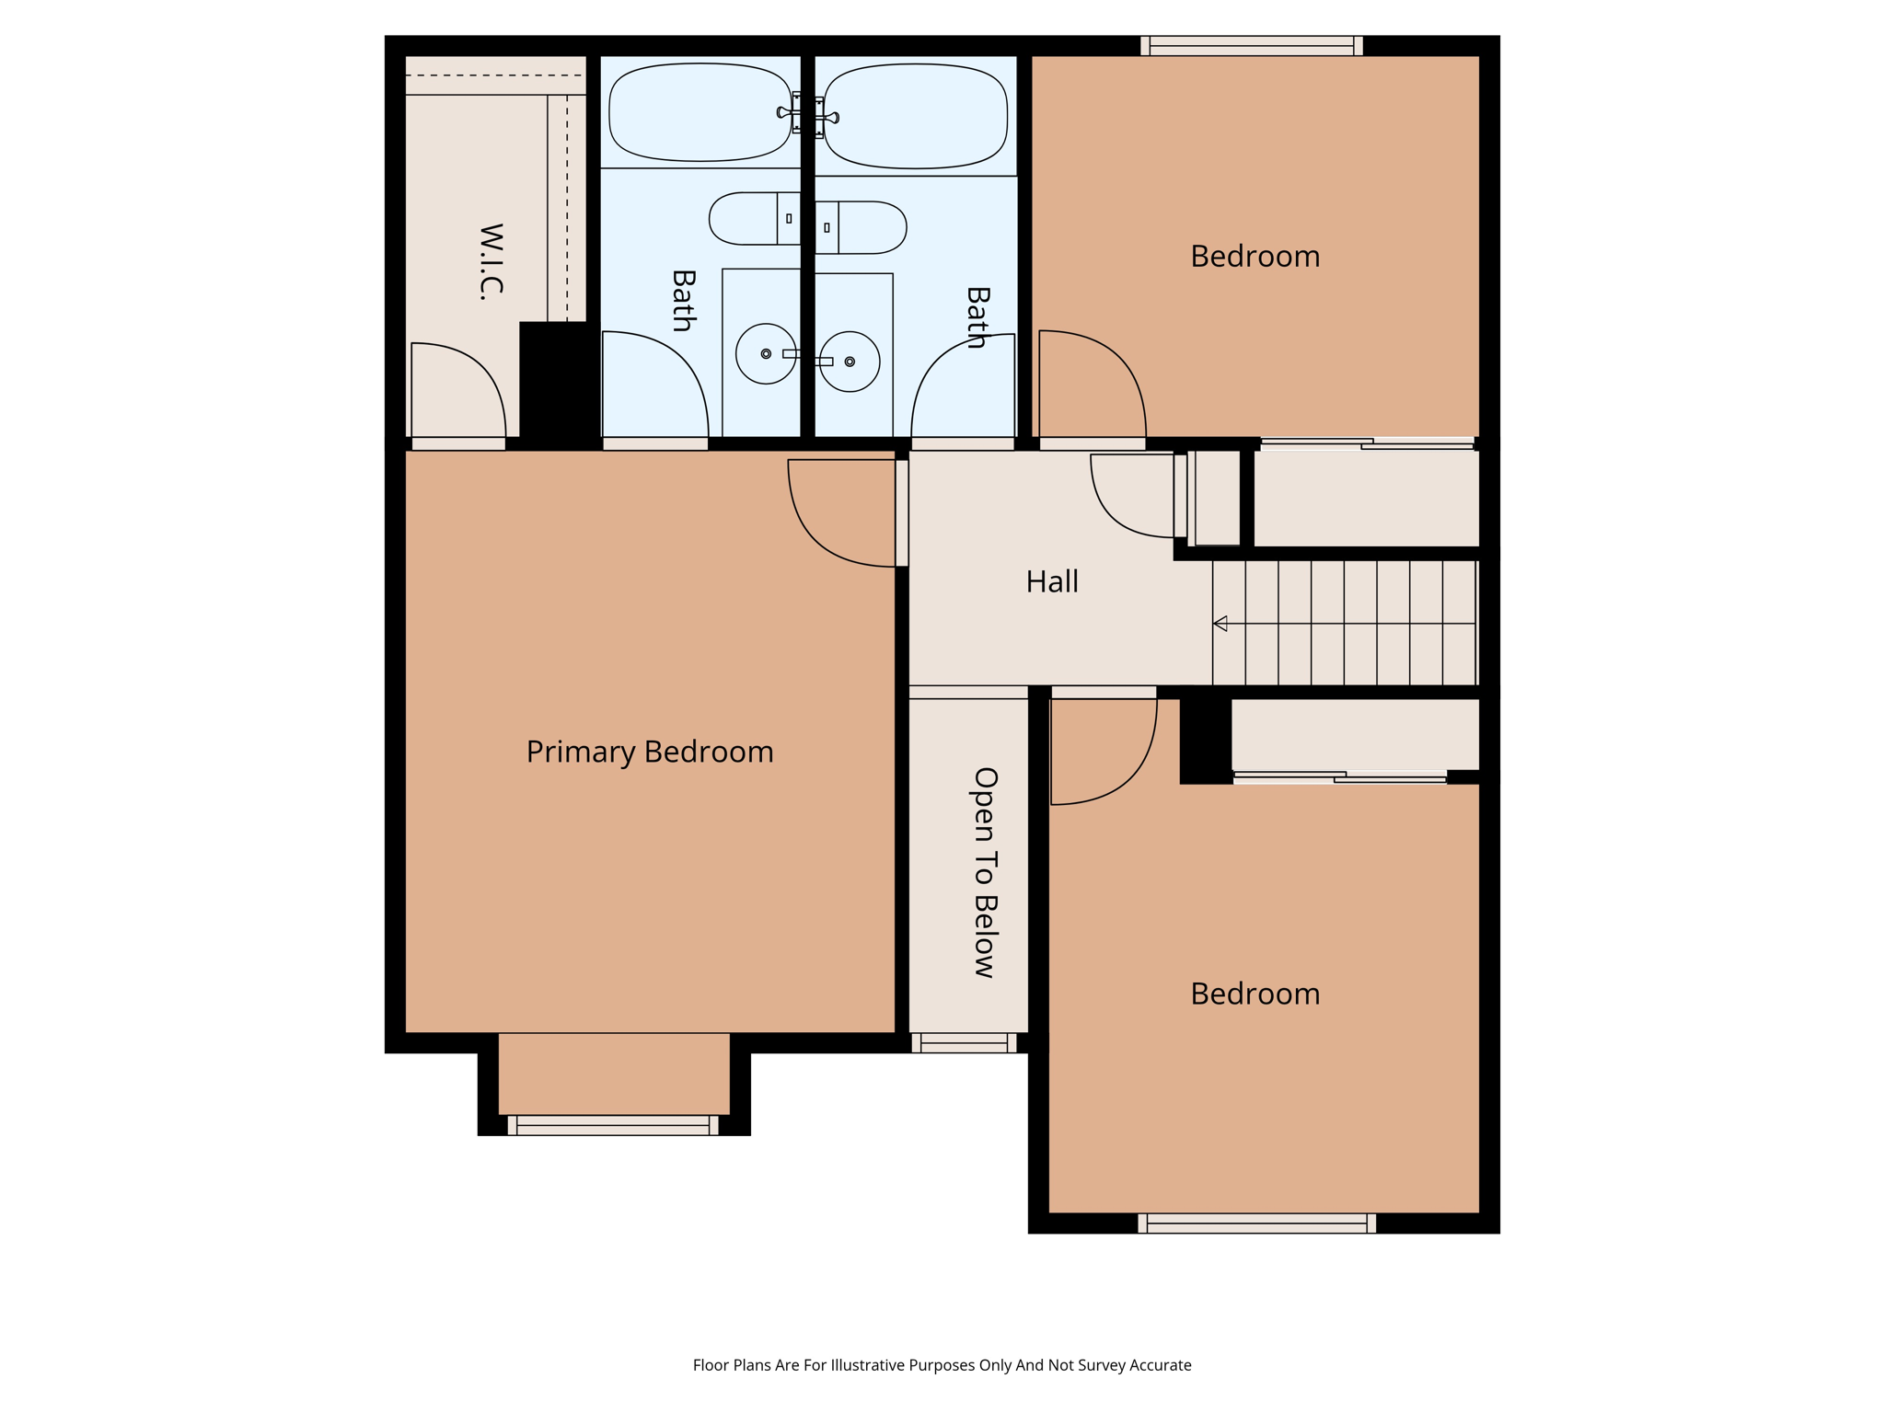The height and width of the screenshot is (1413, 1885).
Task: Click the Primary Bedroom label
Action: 650,752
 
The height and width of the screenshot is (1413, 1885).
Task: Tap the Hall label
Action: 1052,581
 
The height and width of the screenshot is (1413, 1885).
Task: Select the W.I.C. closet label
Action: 491,261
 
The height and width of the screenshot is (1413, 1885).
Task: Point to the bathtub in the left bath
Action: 700,112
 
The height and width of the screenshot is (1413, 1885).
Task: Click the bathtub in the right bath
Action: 915,116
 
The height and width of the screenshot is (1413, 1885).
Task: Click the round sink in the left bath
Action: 766,353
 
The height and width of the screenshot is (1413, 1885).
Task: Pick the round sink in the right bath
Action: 850,362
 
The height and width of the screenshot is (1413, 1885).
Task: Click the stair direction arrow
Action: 1220,624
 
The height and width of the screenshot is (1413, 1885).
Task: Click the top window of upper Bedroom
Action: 1252,46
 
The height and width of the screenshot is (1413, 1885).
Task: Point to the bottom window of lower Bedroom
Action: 1256,1223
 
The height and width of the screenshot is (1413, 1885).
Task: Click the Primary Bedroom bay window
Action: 613,1125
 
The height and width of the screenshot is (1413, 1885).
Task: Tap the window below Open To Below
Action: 964,1042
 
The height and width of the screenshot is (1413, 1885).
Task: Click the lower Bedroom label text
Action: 1255,994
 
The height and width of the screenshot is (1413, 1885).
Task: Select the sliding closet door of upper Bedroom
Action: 1367,444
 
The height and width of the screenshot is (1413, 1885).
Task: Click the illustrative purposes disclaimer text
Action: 942,1365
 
